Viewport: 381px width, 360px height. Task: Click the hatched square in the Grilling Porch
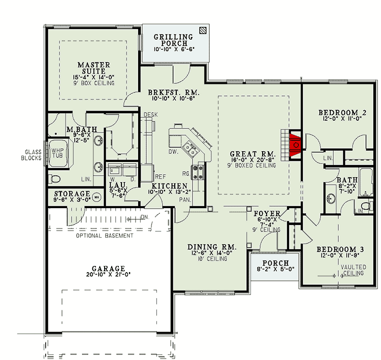203,30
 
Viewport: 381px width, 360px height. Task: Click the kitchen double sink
192,149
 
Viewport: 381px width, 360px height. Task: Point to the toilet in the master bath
55,178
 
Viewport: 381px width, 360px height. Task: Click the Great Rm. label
252,153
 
